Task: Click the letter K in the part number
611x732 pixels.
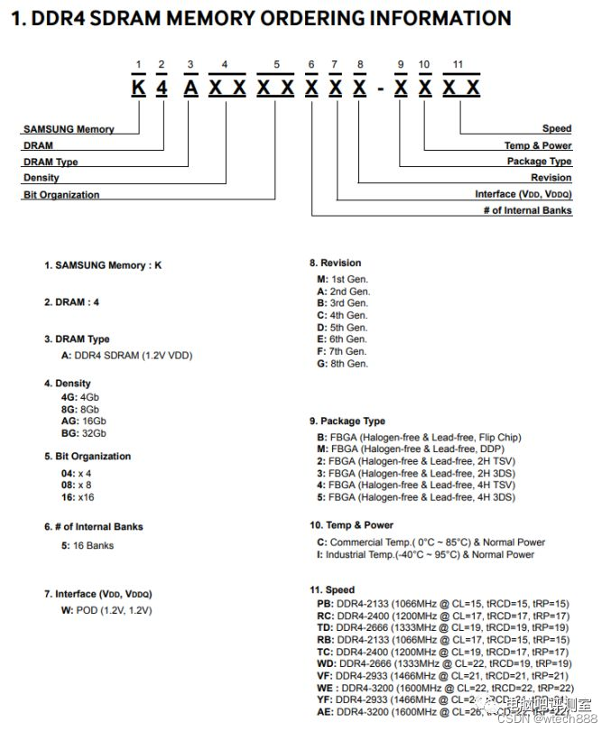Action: pos(138,88)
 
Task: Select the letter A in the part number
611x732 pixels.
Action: pos(190,88)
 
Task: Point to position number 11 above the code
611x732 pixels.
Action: pos(458,65)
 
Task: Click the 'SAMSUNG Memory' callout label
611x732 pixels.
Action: pos(69,129)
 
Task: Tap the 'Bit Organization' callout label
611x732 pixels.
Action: pos(61,195)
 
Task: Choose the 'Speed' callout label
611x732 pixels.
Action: pos(557,129)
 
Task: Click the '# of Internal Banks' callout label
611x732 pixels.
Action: pos(528,210)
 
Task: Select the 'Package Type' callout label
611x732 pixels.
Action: pos(539,162)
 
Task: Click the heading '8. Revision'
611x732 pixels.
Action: pos(335,264)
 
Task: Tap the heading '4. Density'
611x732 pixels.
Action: pos(68,384)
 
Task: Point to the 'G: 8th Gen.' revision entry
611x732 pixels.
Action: pos(342,364)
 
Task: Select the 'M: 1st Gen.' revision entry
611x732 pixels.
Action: pos(342,280)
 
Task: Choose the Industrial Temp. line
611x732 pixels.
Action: pos(425,555)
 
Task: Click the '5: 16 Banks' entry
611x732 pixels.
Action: pos(88,546)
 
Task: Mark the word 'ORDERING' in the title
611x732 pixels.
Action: pos(302,18)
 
